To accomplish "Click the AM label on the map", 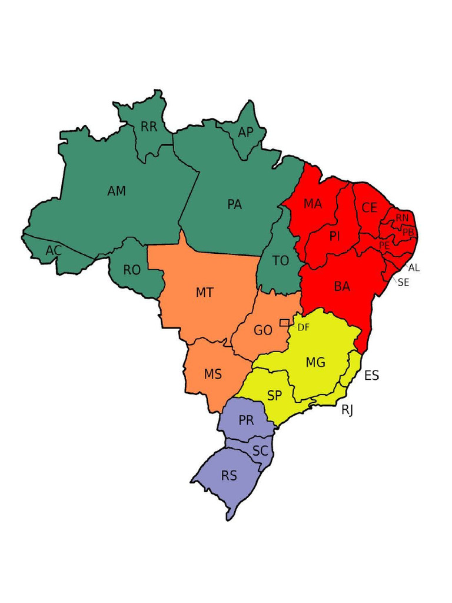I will coord(117,191).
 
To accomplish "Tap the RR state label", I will coord(149,127).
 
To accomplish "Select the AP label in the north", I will coord(245,132).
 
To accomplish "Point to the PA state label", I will coord(234,205).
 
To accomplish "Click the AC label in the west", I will coord(54,251).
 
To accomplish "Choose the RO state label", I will coord(132,270).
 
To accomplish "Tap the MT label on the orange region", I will coord(204,293).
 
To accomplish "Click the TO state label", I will coord(281,261).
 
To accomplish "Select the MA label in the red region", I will coord(313,204).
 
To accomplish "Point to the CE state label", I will coord(369,208).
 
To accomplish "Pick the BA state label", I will coord(342,287).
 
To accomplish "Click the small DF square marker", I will coord(284,323).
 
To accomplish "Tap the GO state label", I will coord(263,331).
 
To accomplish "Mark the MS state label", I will coord(212,375).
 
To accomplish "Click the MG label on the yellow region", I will coord(315,363).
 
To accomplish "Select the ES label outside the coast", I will coord(371,376).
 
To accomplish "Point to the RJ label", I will coord(347,410).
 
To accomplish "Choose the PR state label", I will coord(246,421).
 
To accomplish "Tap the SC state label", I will coord(260,451).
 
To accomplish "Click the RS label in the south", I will coord(229,476).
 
